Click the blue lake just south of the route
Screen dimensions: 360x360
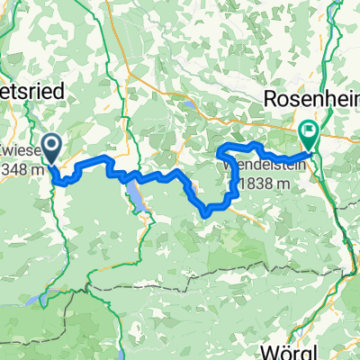coord(139,198)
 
